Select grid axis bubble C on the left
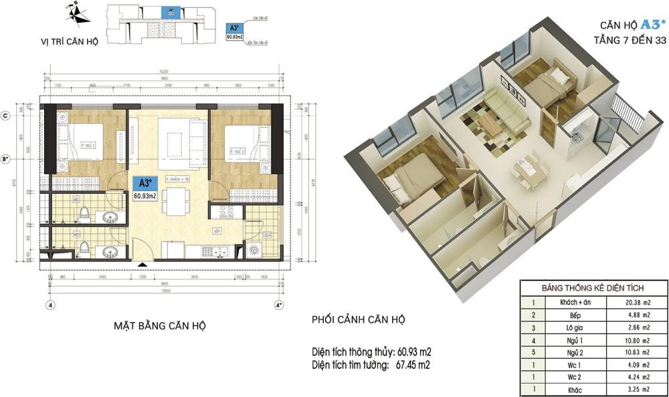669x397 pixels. pos(6,115)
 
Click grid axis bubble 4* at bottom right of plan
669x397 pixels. pos(279,305)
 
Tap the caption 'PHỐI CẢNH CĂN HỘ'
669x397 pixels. pos(358,319)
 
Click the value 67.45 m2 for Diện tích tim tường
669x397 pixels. pos(413,365)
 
